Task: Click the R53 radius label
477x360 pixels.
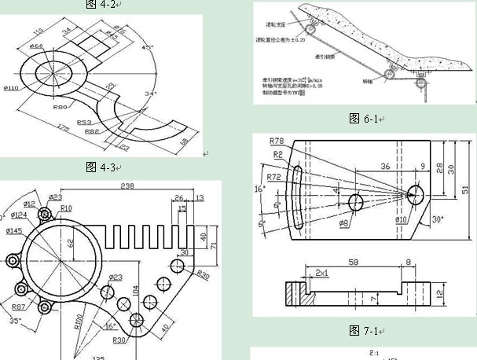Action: (85, 123)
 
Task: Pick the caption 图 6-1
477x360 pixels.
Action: (364, 119)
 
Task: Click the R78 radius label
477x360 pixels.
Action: (276, 140)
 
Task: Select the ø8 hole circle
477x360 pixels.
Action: (356, 202)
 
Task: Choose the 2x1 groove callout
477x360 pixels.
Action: (322, 272)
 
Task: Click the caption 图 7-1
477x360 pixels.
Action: (365, 330)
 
